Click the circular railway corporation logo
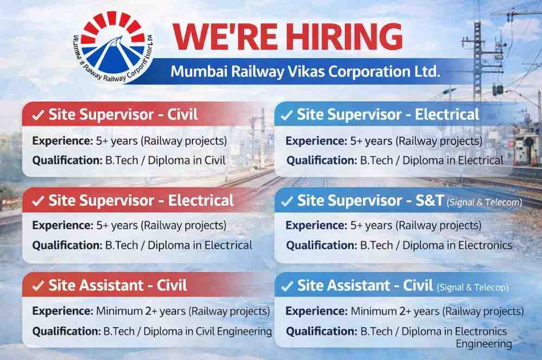point(113,48)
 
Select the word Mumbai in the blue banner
point(195,72)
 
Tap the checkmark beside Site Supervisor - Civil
point(38,115)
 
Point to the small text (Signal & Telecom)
point(484,203)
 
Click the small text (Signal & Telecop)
point(473,288)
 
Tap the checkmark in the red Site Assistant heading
point(38,286)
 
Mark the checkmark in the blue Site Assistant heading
point(287,286)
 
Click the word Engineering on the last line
point(483,344)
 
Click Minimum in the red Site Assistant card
point(118,311)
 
